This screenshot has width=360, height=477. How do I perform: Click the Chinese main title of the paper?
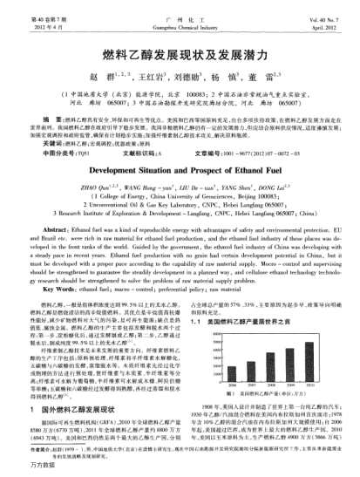pos(180,54)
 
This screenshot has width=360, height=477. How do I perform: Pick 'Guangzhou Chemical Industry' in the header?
pos(180,17)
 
